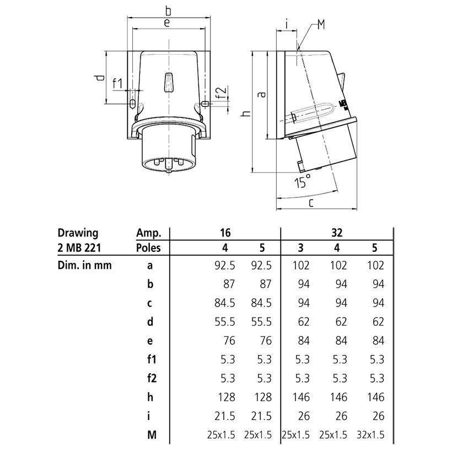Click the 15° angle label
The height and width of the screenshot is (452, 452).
coord(303,181)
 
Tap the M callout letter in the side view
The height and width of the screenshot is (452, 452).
coord(321,24)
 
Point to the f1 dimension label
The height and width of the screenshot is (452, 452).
coord(117,84)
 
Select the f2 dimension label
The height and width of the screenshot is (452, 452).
coord(222,92)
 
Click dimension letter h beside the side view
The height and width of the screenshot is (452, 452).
coord(246,113)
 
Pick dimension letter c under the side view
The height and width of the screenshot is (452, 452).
coord(311,203)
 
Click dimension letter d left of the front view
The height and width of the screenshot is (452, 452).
coord(100,78)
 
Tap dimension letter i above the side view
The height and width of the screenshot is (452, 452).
coord(287,24)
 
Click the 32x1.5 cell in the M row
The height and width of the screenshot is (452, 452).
coord(371,435)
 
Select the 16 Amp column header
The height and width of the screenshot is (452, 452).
coord(225,233)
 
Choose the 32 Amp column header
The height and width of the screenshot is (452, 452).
coord(337,233)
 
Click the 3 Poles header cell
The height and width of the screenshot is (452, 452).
coord(300,248)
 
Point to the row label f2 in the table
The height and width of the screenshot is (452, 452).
coord(152,378)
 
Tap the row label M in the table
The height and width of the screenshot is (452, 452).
coord(152,435)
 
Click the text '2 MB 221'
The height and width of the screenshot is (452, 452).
coord(79,248)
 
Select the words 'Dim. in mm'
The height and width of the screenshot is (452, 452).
coord(84,265)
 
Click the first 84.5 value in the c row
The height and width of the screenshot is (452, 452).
coord(225,303)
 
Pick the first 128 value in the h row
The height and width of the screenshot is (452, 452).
coord(227,397)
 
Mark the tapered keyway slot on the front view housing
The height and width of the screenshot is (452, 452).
coord(169,83)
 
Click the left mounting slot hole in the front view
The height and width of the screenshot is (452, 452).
coord(132,104)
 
